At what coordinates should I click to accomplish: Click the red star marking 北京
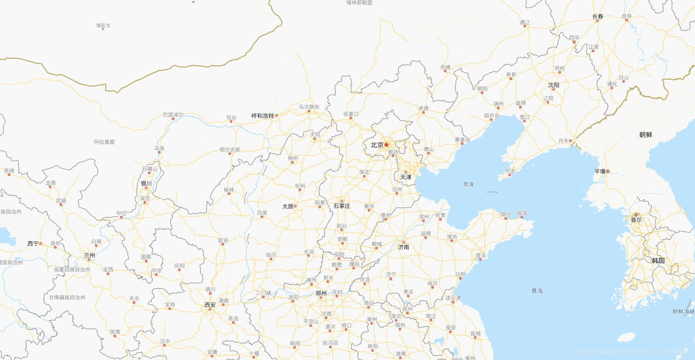[x=386, y=145]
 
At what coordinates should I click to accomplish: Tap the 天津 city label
[x=406, y=177]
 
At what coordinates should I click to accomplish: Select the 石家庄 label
[x=342, y=206]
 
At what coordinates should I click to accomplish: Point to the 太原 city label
[x=288, y=206]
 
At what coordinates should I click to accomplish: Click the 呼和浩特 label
[x=263, y=116]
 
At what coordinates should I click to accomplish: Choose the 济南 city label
[x=403, y=247]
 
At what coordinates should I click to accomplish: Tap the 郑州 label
[x=321, y=293]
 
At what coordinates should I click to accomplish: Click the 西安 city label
[x=210, y=305]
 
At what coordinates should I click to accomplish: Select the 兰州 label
[x=89, y=256]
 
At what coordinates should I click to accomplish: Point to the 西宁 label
[x=33, y=244]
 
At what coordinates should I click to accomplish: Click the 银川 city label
[x=146, y=184]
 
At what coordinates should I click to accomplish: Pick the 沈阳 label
[x=554, y=85]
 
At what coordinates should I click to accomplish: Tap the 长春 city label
[x=598, y=17]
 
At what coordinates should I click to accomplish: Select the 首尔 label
[x=636, y=220]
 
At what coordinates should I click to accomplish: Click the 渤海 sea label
[x=468, y=185]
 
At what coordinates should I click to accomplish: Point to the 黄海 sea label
[x=537, y=291]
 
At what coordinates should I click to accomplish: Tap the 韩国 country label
[x=658, y=261]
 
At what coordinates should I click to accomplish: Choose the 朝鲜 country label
[x=646, y=135]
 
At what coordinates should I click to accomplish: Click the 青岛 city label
[x=480, y=256]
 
